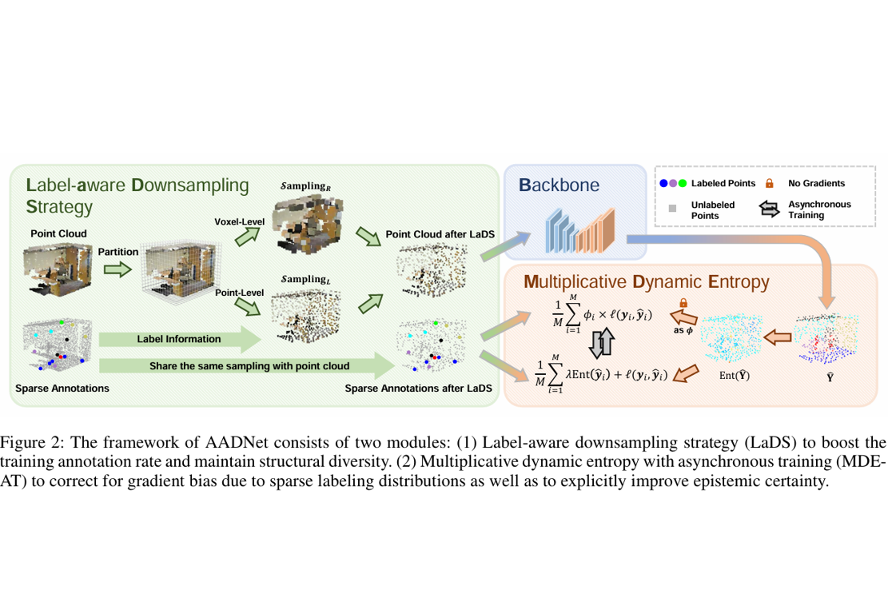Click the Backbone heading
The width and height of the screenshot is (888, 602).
click(x=559, y=185)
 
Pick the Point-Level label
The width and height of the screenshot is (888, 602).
click(x=237, y=294)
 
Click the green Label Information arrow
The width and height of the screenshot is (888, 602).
click(x=180, y=339)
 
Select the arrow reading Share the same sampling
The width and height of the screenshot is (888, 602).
click(x=248, y=366)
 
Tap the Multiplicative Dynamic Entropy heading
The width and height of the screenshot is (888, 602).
click(x=646, y=281)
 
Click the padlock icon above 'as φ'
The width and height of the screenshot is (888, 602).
click(x=683, y=303)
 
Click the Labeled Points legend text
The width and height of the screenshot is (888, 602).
click(x=723, y=183)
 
